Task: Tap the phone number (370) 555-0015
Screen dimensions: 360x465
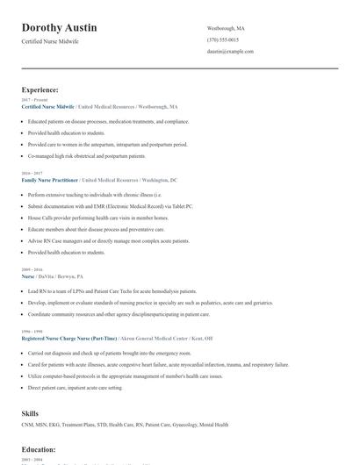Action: (x=222, y=39)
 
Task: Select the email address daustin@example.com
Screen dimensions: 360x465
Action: (x=230, y=51)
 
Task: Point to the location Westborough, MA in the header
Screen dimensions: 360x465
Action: (x=226, y=28)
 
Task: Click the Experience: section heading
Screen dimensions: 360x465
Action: (x=40, y=89)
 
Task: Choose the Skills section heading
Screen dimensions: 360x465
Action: (x=30, y=412)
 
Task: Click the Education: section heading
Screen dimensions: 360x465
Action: (x=39, y=449)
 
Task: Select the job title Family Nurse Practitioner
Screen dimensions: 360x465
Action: (x=50, y=179)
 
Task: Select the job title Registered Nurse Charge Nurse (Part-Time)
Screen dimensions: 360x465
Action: (x=70, y=338)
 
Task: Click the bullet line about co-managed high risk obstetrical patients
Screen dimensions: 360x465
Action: (x=86, y=155)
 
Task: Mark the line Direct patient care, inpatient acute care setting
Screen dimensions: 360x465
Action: (x=75, y=386)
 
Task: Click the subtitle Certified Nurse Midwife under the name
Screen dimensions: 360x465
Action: (x=51, y=42)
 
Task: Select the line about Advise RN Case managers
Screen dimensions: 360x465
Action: (x=108, y=240)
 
